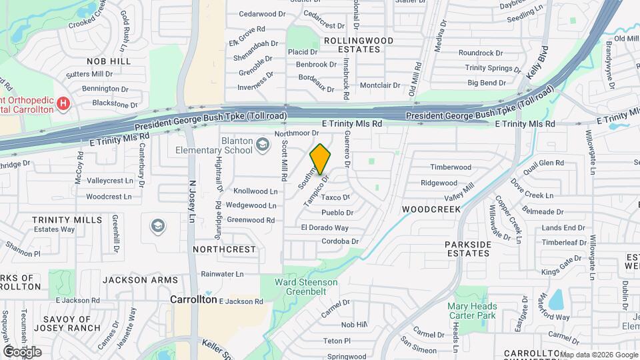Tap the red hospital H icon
point(63,103)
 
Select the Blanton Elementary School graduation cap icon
point(263,144)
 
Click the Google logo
point(22,351)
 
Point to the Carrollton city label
point(193,299)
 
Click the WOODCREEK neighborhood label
point(431,209)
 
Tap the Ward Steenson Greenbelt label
point(307,287)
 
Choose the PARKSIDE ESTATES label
point(468,249)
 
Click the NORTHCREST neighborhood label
point(224,249)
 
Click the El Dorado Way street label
point(325,227)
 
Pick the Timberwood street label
point(451,167)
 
